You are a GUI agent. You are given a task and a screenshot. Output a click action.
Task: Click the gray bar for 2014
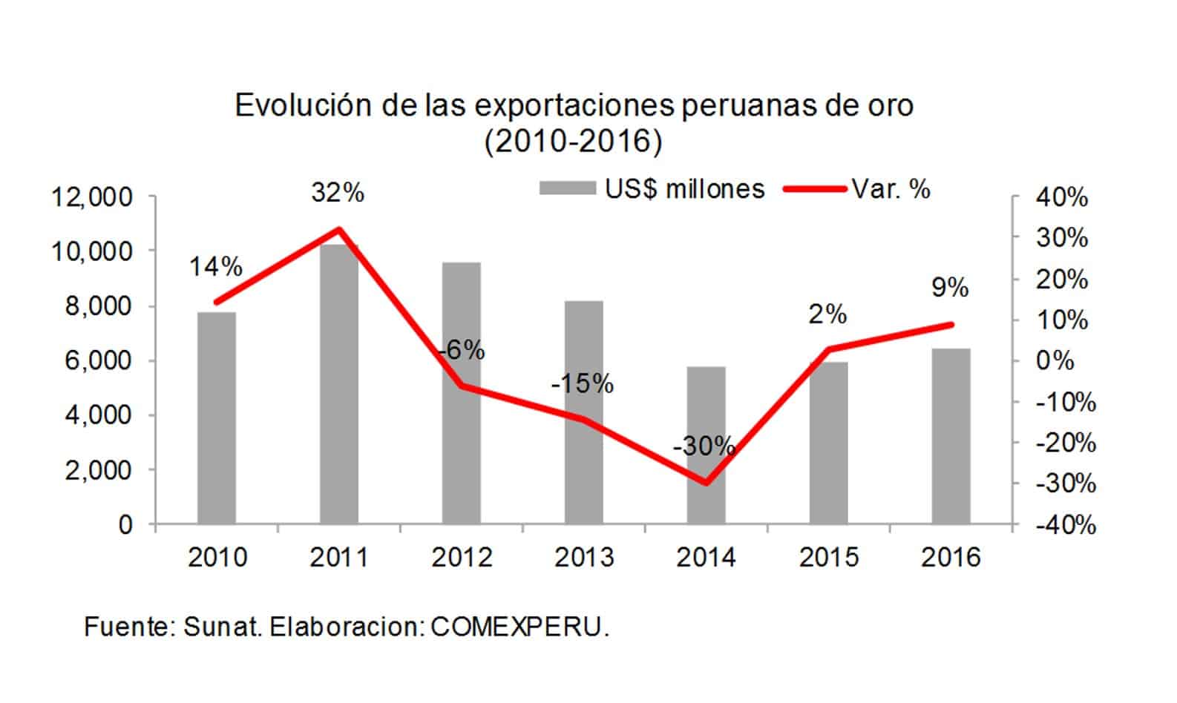click(x=706, y=445)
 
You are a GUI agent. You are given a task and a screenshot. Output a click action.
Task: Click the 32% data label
click(x=338, y=193)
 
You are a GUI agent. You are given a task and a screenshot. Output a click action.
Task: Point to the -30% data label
click(x=704, y=446)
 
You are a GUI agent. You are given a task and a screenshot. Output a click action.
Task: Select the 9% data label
click(x=950, y=288)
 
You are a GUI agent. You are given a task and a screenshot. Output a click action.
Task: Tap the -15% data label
click(x=582, y=384)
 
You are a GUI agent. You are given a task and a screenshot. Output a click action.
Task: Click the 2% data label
click(x=827, y=315)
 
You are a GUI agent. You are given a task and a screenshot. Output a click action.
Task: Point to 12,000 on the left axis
click(x=91, y=198)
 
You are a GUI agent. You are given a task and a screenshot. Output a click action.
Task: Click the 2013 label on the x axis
click(x=584, y=557)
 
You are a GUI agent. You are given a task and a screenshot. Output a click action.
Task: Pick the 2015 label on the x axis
click(x=828, y=557)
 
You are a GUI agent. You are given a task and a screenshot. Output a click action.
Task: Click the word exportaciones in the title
click(x=571, y=106)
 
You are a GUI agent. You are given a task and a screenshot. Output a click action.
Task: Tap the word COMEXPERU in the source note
click(x=519, y=627)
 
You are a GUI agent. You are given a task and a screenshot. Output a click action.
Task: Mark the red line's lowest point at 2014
click(x=706, y=483)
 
